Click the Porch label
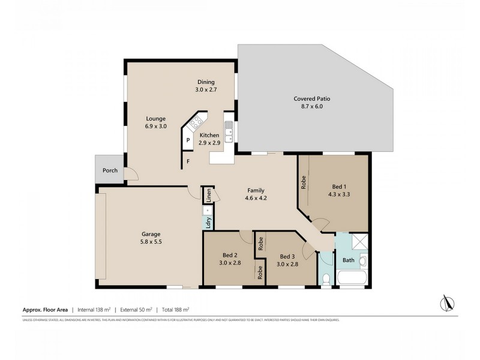pyautogui.click(x=110, y=170)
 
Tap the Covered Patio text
pyautogui.click(x=311, y=98)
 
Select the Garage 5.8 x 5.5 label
pyautogui.click(x=151, y=234)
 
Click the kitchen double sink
pyautogui.click(x=229, y=128)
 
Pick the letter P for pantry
pyautogui.click(x=188, y=140)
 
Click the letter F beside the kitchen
pyautogui.click(x=188, y=161)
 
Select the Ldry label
pyautogui.click(x=208, y=223)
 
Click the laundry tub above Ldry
pyautogui.click(x=208, y=210)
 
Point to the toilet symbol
pyautogui.click(x=325, y=279)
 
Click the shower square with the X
pyautogui.click(x=359, y=241)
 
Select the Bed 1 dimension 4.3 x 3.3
pyautogui.click(x=340, y=194)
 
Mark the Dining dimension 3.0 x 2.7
pyautogui.click(x=206, y=89)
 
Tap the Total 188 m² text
pyautogui.click(x=173, y=310)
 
